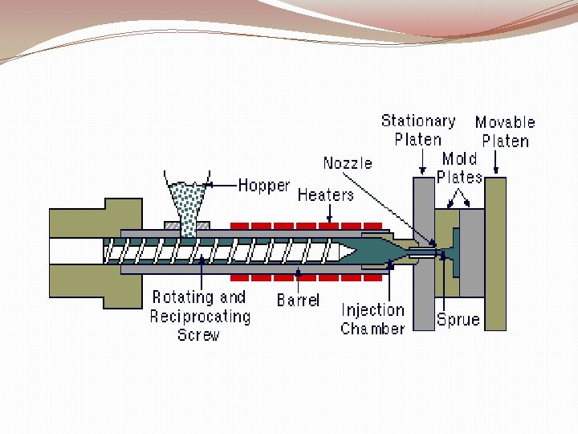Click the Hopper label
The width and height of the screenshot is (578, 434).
(264, 186)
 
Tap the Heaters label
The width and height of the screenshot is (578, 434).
(325, 195)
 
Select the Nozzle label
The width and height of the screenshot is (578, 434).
(348, 163)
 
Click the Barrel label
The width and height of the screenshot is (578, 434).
(298, 301)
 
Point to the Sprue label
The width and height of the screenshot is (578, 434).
(458, 320)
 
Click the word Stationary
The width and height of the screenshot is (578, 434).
(418, 121)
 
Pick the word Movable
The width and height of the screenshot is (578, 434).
(504, 122)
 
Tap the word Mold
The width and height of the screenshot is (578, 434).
(459, 159)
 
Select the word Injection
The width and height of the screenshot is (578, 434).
(372, 310)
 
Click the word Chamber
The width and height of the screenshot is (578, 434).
(372, 329)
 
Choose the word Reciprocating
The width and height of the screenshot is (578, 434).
(200, 317)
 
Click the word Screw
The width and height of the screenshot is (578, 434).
(198, 335)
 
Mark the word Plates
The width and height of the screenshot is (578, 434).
(460, 177)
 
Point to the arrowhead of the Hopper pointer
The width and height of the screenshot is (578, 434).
(206, 186)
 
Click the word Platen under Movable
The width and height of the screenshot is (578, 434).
(506, 141)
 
